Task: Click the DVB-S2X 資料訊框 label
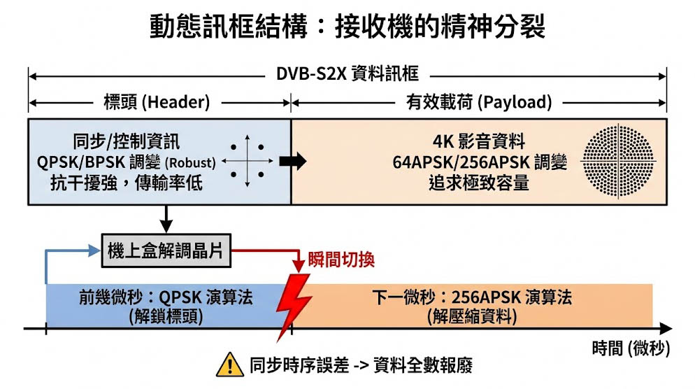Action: pos(347,73)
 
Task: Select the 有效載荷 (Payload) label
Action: pos(479,102)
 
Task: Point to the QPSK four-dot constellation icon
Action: pos(247,162)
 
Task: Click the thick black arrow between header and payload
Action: pos(292,162)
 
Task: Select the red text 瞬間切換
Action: pos(341,260)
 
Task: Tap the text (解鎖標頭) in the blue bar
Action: pos(166,316)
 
